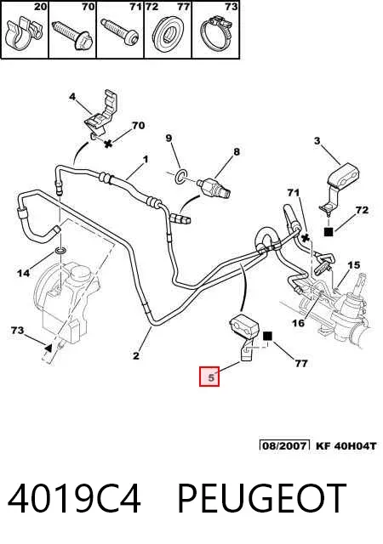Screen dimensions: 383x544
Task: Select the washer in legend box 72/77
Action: (x=169, y=34)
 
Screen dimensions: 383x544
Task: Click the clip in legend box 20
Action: (x=23, y=33)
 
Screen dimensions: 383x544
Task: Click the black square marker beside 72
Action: (x=329, y=231)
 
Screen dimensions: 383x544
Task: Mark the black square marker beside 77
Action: (x=267, y=337)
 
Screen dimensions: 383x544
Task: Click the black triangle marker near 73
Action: (x=49, y=348)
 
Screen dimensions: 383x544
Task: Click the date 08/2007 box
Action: (x=284, y=445)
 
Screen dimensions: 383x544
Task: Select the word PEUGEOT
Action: (x=262, y=499)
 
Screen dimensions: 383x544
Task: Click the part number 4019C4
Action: (x=74, y=499)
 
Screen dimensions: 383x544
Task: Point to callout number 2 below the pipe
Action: (x=135, y=355)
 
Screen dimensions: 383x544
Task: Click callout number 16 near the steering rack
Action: (x=298, y=323)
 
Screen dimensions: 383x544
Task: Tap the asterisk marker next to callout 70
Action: (x=108, y=144)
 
